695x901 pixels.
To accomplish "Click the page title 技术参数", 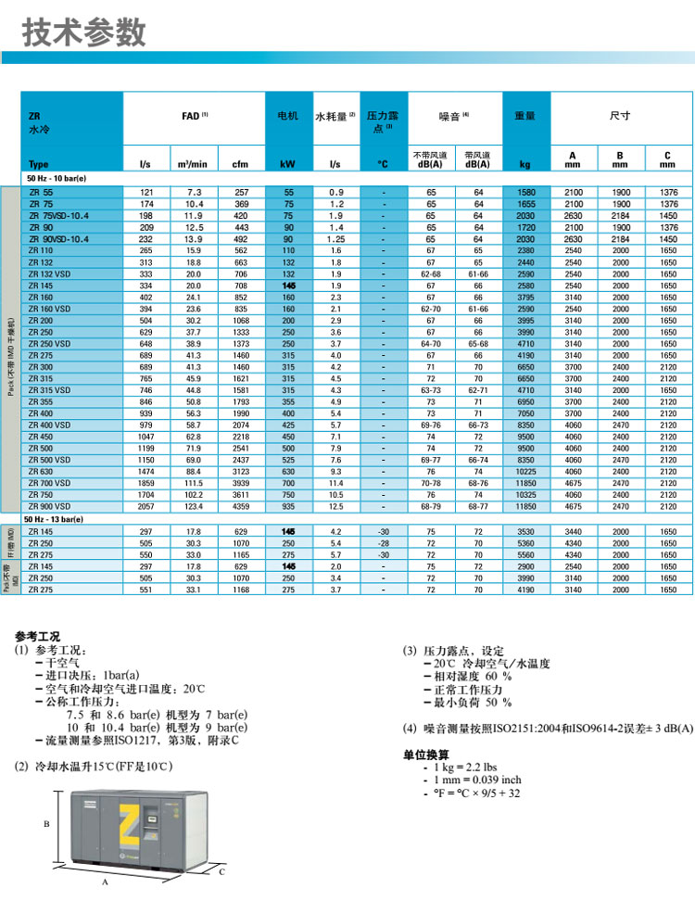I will [84, 32].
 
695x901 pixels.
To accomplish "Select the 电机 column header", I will [287, 116].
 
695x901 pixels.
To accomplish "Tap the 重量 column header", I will [524, 116].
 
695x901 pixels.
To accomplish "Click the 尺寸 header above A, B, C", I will [619, 116].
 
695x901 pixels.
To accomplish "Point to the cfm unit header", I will [241, 164].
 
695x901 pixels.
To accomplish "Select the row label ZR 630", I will [41, 471].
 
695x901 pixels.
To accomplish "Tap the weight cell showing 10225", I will [524, 471].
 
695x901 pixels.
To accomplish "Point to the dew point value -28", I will [383, 544].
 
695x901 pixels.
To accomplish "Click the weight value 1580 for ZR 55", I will [524, 192].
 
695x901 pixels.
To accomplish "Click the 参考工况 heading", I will [38, 636].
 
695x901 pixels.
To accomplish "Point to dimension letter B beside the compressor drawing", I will [45, 823].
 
